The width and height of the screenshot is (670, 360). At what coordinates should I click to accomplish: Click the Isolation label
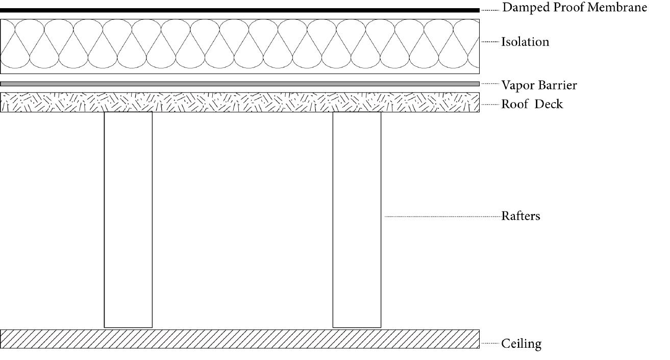click(x=525, y=42)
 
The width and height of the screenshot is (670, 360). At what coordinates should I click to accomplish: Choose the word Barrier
click(x=558, y=85)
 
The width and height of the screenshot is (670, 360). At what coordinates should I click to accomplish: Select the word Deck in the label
click(x=549, y=104)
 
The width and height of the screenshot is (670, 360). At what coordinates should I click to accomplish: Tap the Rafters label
click(x=520, y=216)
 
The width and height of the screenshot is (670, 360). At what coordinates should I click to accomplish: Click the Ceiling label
click(x=521, y=344)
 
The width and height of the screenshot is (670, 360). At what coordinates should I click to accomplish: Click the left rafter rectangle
click(x=128, y=220)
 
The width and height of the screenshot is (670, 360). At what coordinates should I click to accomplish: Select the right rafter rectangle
click(x=357, y=220)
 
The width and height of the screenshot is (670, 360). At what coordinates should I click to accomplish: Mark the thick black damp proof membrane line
click(x=240, y=10)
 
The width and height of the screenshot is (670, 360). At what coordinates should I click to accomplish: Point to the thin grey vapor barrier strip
click(x=240, y=84)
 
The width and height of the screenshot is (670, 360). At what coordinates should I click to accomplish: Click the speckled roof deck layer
click(x=240, y=102)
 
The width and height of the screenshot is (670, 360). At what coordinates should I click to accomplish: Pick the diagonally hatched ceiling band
click(x=240, y=339)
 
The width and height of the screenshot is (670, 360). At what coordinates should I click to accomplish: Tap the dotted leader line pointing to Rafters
click(x=442, y=217)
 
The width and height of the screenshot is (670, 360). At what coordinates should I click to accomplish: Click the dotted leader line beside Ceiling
click(x=490, y=344)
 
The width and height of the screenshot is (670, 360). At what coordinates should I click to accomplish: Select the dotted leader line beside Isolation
click(x=490, y=42)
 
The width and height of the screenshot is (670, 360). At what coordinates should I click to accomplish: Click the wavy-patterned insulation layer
click(x=240, y=46)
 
